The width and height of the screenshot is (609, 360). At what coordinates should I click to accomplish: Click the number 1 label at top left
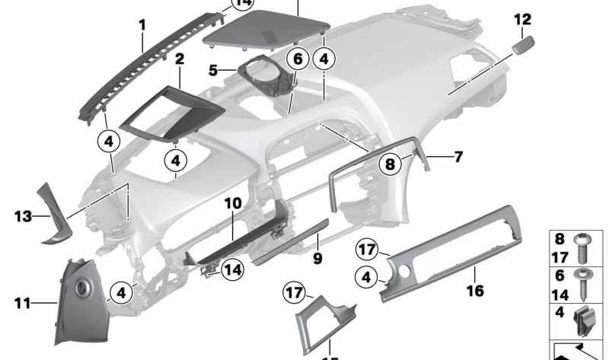click(x=142, y=25)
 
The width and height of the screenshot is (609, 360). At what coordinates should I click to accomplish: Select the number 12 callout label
click(x=523, y=19)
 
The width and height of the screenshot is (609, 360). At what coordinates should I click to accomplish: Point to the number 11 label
click(x=23, y=304)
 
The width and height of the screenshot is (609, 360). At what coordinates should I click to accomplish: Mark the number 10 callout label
click(x=232, y=204)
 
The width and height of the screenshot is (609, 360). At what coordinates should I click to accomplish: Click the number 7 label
click(x=458, y=158)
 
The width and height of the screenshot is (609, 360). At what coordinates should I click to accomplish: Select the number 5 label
click(x=214, y=72)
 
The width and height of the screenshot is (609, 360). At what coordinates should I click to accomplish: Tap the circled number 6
click(x=298, y=59)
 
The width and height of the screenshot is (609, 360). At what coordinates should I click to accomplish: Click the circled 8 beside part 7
click(x=390, y=164)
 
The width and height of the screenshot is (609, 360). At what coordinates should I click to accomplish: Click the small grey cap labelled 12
click(x=522, y=45)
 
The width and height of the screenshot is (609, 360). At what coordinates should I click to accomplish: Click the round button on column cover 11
click(x=81, y=290)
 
